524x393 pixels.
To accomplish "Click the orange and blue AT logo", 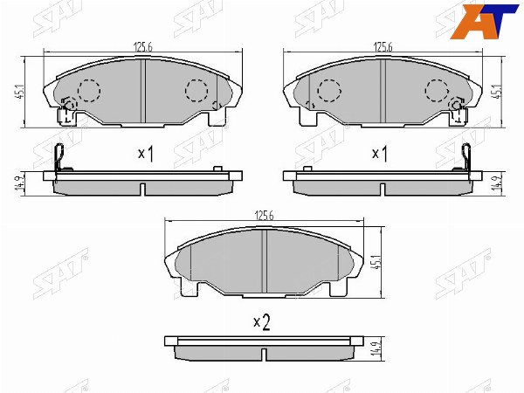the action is coord(483,21).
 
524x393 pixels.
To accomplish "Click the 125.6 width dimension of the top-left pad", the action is coord(143,47).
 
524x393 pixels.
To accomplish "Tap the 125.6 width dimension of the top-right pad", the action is coord(383,47).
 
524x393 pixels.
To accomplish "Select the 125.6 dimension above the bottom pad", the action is coord(264,216).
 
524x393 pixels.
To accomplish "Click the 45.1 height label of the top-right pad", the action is coord(497,91).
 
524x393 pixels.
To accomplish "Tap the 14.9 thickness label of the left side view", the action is coord(19,183).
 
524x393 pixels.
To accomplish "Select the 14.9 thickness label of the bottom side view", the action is coord(376,348).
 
